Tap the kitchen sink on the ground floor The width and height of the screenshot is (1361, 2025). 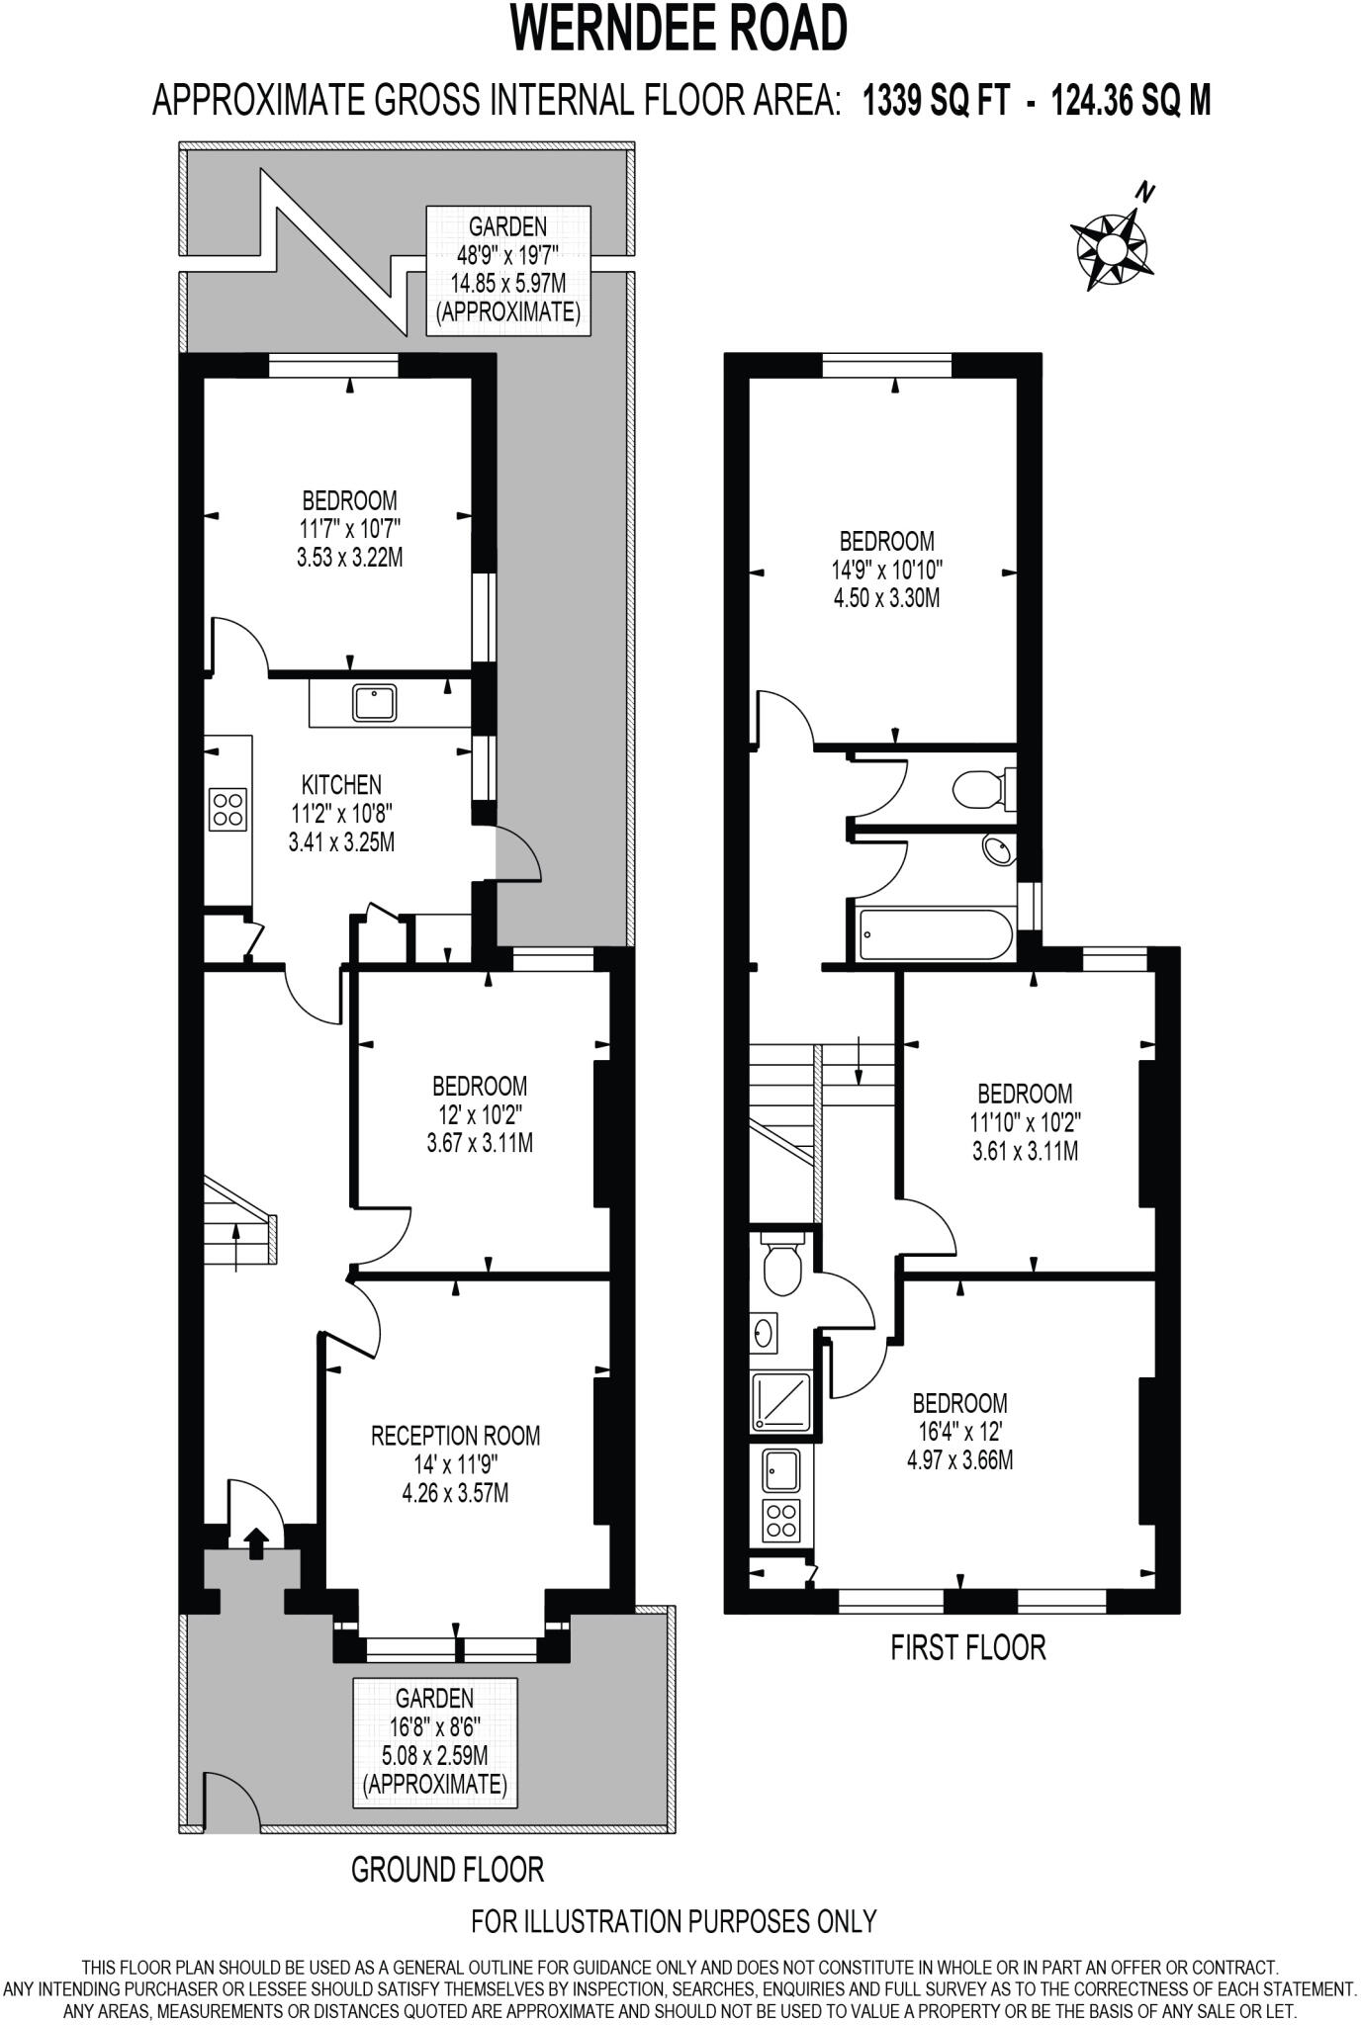(x=374, y=703)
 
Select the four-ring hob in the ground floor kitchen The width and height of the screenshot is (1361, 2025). (x=227, y=810)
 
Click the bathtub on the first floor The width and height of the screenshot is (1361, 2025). (x=935, y=933)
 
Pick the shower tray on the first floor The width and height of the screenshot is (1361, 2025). (x=781, y=1400)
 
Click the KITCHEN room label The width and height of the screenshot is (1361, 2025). (x=341, y=785)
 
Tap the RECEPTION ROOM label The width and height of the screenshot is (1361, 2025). (x=455, y=1435)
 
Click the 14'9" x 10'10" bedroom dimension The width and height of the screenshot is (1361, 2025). (x=886, y=570)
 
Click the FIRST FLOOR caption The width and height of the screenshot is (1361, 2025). (x=967, y=1647)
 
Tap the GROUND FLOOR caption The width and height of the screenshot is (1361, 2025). (x=447, y=1869)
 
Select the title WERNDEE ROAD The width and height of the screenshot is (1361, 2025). (x=680, y=30)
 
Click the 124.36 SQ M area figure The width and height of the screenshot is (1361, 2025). (x=1131, y=101)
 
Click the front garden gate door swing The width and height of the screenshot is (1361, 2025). (x=230, y=1799)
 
